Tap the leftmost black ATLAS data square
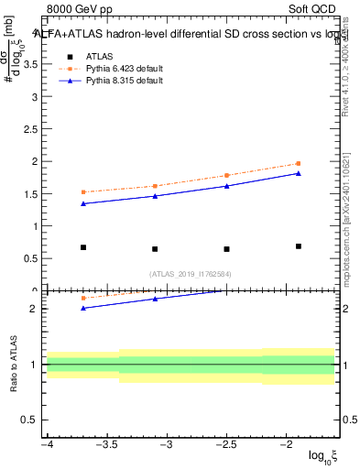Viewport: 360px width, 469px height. tap(83, 247)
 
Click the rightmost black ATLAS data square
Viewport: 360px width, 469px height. tap(299, 246)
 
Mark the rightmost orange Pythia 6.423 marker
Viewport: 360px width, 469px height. tap(299, 164)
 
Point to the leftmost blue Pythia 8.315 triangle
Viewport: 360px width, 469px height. tap(83, 203)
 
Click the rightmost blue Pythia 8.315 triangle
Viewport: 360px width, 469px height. tap(299, 173)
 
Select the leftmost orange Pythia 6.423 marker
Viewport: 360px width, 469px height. tap(83, 192)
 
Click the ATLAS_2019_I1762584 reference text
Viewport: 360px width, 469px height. tap(191, 273)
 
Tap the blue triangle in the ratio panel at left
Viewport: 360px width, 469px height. tap(83, 308)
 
